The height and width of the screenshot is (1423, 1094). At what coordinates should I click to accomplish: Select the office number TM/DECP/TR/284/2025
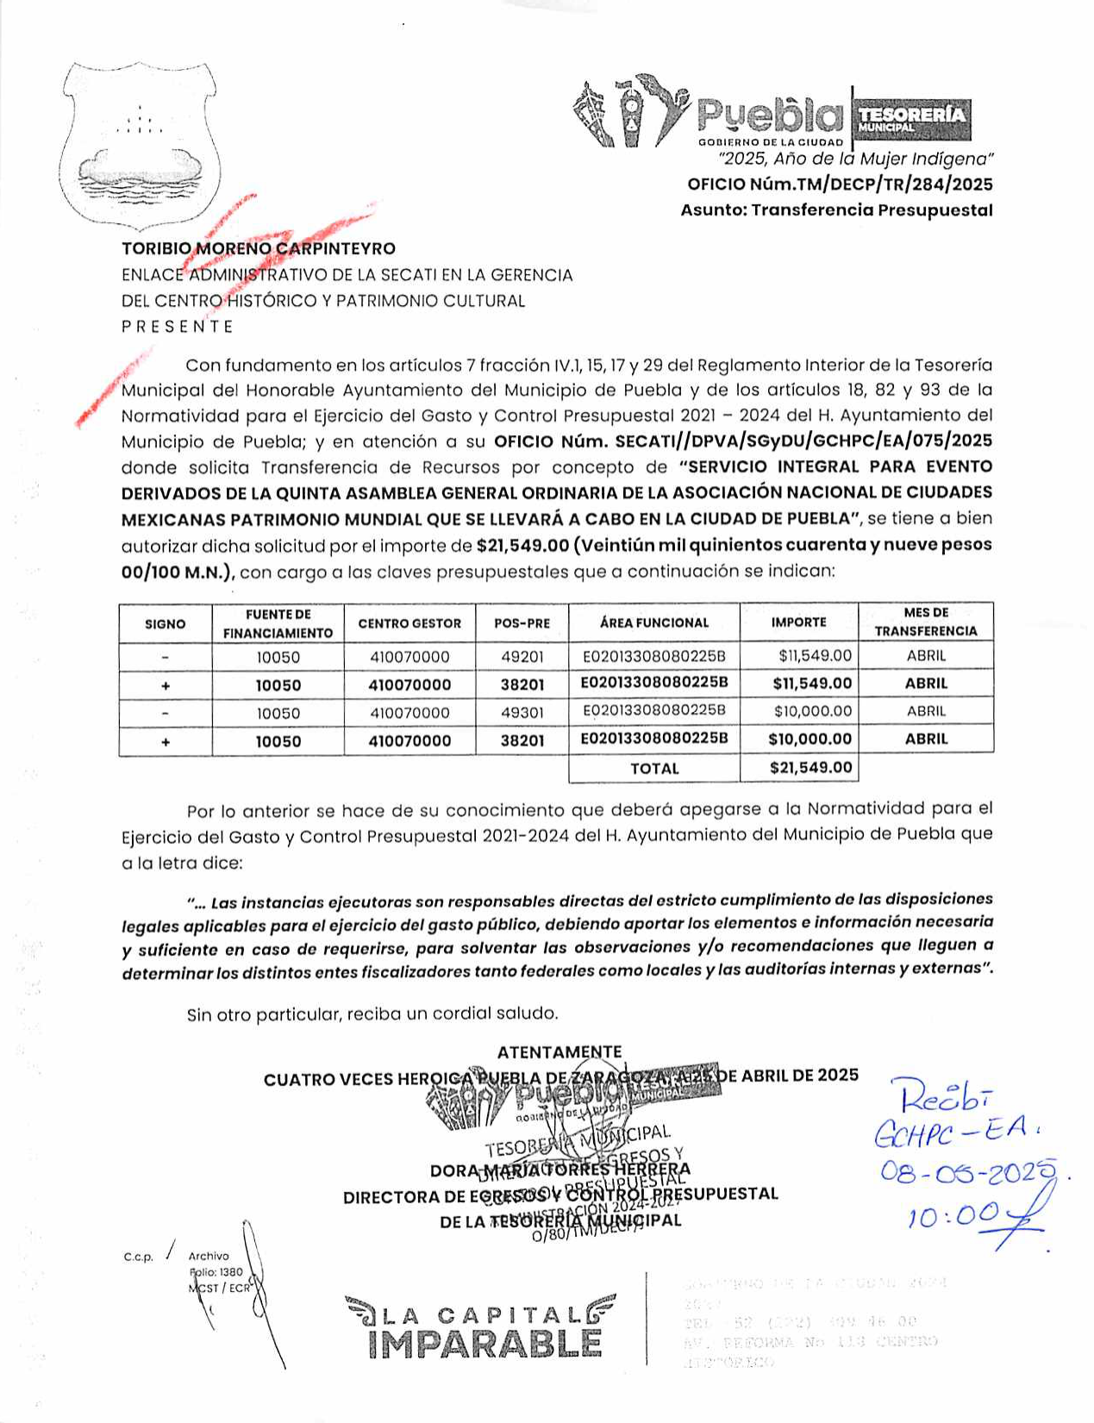pyautogui.click(x=840, y=184)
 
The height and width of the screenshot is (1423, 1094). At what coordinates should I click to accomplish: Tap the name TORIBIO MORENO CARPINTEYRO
pyautogui.click(x=259, y=249)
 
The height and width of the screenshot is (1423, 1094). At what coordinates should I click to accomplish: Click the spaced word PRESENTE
pyautogui.click(x=178, y=327)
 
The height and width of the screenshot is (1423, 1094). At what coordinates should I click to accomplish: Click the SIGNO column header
pyautogui.click(x=166, y=623)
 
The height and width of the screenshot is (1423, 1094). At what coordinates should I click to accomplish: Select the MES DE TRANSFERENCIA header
pyautogui.click(x=926, y=622)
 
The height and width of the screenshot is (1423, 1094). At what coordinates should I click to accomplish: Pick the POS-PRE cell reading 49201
pyautogui.click(x=522, y=657)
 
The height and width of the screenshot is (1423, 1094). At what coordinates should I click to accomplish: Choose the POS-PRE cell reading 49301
pyautogui.click(x=522, y=713)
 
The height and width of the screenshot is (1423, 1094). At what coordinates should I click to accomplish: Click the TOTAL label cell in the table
pyautogui.click(x=654, y=768)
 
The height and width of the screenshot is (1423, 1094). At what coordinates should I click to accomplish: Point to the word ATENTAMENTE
pyautogui.click(x=560, y=1052)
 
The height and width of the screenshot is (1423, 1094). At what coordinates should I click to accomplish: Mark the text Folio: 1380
pyautogui.click(x=216, y=1272)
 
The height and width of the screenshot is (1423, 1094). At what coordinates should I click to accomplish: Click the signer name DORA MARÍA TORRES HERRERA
pyautogui.click(x=560, y=1170)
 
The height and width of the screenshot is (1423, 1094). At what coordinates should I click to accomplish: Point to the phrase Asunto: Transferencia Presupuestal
pyautogui.click(x=836, y=210)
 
